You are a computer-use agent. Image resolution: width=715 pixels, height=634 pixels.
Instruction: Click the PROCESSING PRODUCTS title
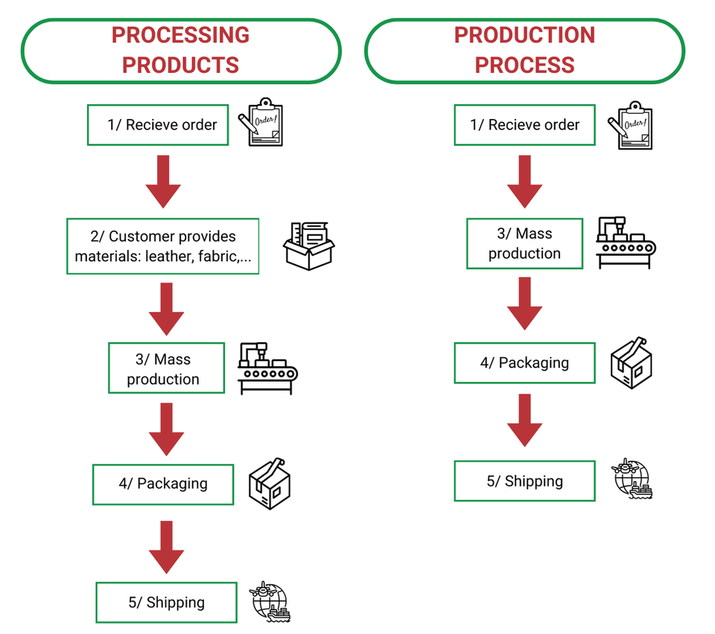[x=180, y=50]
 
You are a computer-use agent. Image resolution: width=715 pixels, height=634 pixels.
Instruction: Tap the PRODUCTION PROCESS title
[x=524, y=50]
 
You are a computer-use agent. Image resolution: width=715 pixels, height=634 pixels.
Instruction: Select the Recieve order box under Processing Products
[x=158, y=124]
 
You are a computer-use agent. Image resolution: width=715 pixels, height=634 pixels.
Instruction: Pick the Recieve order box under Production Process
[x=524, y=124]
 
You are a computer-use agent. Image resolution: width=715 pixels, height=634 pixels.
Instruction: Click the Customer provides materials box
[x=163, y=246]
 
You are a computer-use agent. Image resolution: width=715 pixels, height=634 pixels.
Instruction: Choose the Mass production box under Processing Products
[x=165, y=368]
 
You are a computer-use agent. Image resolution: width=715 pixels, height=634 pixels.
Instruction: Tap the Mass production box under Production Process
[x=524, y=243]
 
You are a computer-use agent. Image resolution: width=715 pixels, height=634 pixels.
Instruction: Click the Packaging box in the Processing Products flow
[x=163, y=484]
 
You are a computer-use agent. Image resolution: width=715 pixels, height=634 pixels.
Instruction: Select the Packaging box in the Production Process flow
[x=524, y=363]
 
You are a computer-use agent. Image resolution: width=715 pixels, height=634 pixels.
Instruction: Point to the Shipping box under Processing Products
[x=166, y=602]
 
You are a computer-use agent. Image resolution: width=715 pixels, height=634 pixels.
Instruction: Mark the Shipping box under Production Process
[x=524, y=481]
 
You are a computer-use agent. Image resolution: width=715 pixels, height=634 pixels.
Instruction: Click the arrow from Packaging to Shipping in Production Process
[x=524, y=420]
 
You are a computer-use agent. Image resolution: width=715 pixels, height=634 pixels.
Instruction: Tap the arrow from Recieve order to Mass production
[x=524, y=181]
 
